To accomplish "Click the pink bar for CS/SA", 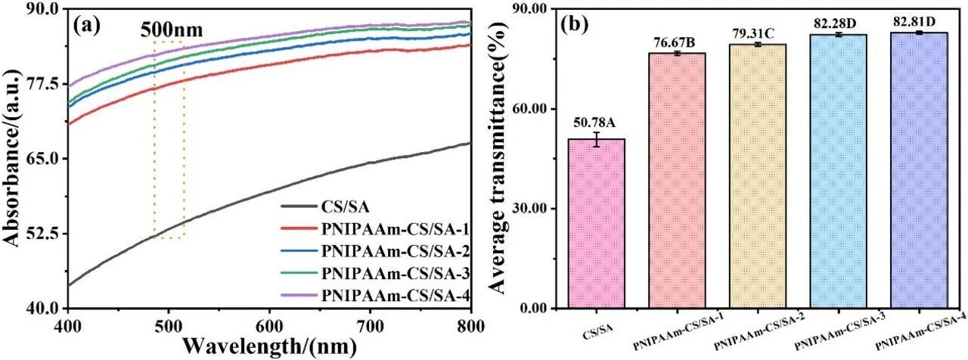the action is tap(596, 223).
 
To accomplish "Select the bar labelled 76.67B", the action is tap(677, 181).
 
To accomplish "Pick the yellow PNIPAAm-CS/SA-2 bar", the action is tap(758, 176).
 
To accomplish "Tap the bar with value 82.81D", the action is tap(919, 170).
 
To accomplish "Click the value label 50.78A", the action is tap(594, 123).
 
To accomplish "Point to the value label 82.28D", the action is tap(839, 23).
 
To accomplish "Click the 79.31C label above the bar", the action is tap(758, 33).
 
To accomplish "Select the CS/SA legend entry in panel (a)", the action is tap(325, 206).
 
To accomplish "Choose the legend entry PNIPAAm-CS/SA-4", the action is tap(375, 295).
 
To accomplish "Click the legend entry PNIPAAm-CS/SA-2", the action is tap(375, 250).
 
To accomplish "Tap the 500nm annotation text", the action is tap(172, 30).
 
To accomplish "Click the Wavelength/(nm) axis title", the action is tap(270, 346).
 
